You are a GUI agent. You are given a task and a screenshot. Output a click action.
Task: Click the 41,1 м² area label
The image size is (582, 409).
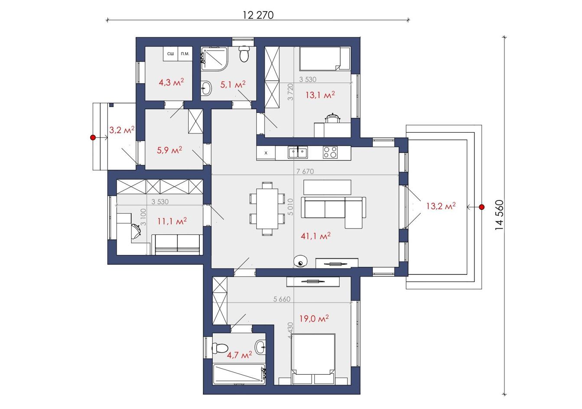tap(315, 236)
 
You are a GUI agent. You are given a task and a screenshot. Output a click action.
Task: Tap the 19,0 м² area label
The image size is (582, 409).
tap(314, 318)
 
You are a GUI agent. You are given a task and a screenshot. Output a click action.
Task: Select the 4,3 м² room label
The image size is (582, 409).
tap(171, 82)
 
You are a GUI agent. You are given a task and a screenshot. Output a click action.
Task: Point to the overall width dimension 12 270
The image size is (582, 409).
tap(258, 15)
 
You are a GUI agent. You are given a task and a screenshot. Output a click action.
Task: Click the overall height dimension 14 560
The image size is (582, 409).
tap(499, 215)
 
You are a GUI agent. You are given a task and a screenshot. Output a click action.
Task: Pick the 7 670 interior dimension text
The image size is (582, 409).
tap(305, 171)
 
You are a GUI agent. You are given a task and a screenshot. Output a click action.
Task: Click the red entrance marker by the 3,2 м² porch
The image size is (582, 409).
tap(93, 137)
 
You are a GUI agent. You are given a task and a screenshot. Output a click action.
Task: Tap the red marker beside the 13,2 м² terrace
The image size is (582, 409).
tap(482, 207)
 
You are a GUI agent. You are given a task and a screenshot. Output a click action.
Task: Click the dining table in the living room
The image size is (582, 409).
tap(267, 209)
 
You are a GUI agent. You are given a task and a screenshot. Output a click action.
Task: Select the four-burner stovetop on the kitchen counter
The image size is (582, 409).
tap(330, 152)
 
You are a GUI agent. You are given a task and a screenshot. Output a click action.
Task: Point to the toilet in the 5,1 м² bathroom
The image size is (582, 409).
tap(244, 54)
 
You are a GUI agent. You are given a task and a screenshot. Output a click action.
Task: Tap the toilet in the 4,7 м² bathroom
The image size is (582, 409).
tap(220, 348)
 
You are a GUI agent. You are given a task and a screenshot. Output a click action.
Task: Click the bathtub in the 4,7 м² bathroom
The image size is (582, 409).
tap(239, 374)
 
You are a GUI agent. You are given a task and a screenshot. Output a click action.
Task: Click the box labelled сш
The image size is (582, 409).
tap(170, 54)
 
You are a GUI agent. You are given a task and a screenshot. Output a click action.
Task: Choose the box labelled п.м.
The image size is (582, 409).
tap(185, 54)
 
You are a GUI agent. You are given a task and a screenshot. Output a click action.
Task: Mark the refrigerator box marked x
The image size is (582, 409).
tap(266, 153)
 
